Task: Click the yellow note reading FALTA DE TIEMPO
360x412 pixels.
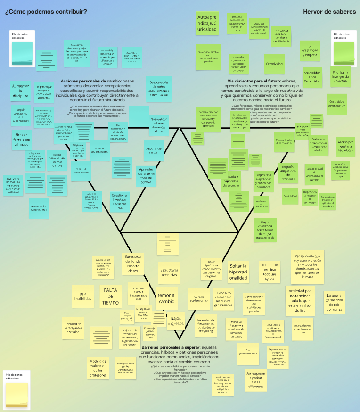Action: pyautogui.click(x=110, y=296)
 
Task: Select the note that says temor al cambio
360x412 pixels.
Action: pyautogui.click(x=166, y=298)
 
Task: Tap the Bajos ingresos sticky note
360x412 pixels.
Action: pyautogui.click(x=176, y=321)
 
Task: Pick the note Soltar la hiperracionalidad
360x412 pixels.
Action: pyautogui.click(x=238, y=272)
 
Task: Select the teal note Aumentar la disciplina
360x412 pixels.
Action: pyautogui.click(x=21, y=91)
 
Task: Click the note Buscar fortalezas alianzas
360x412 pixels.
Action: pyautogui.click(x=21, y=140)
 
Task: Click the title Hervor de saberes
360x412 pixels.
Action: pyautogui.click(x=329, y=12)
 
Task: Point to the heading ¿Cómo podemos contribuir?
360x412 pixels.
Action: pyautogui.click(x=46, y=12)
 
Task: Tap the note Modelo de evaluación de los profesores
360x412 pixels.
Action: pyautogui.click(x=98, y=368)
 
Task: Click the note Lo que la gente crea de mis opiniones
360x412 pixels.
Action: pyautogui.click(x=334, y=302)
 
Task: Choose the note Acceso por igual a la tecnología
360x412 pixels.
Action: pyautogui.click(x=345, y=147)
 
